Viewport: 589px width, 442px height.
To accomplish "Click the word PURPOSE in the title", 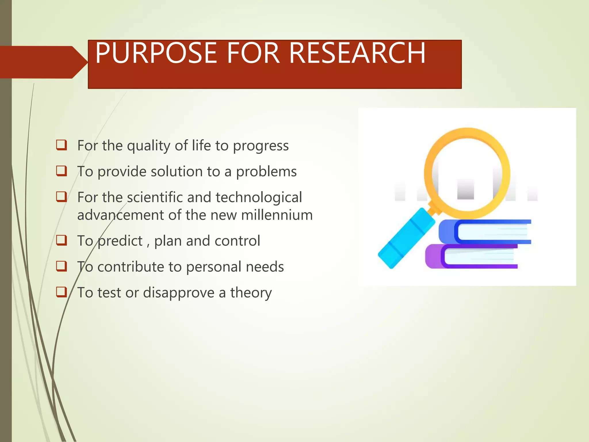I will click(156, 53).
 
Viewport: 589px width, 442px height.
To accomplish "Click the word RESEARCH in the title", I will click(357, 53).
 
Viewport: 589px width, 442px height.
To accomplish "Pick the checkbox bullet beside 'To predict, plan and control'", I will click(62, 240).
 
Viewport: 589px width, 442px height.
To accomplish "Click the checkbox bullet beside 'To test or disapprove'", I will click(62, 292).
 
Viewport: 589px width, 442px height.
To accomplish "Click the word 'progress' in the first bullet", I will click(261, 146).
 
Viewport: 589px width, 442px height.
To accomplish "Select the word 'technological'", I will click(259, 197).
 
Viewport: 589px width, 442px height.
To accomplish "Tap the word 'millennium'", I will click(277, 215).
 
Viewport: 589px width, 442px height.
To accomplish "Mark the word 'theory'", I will click(251, 293).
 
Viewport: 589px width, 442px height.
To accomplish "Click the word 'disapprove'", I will click(179, 293).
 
